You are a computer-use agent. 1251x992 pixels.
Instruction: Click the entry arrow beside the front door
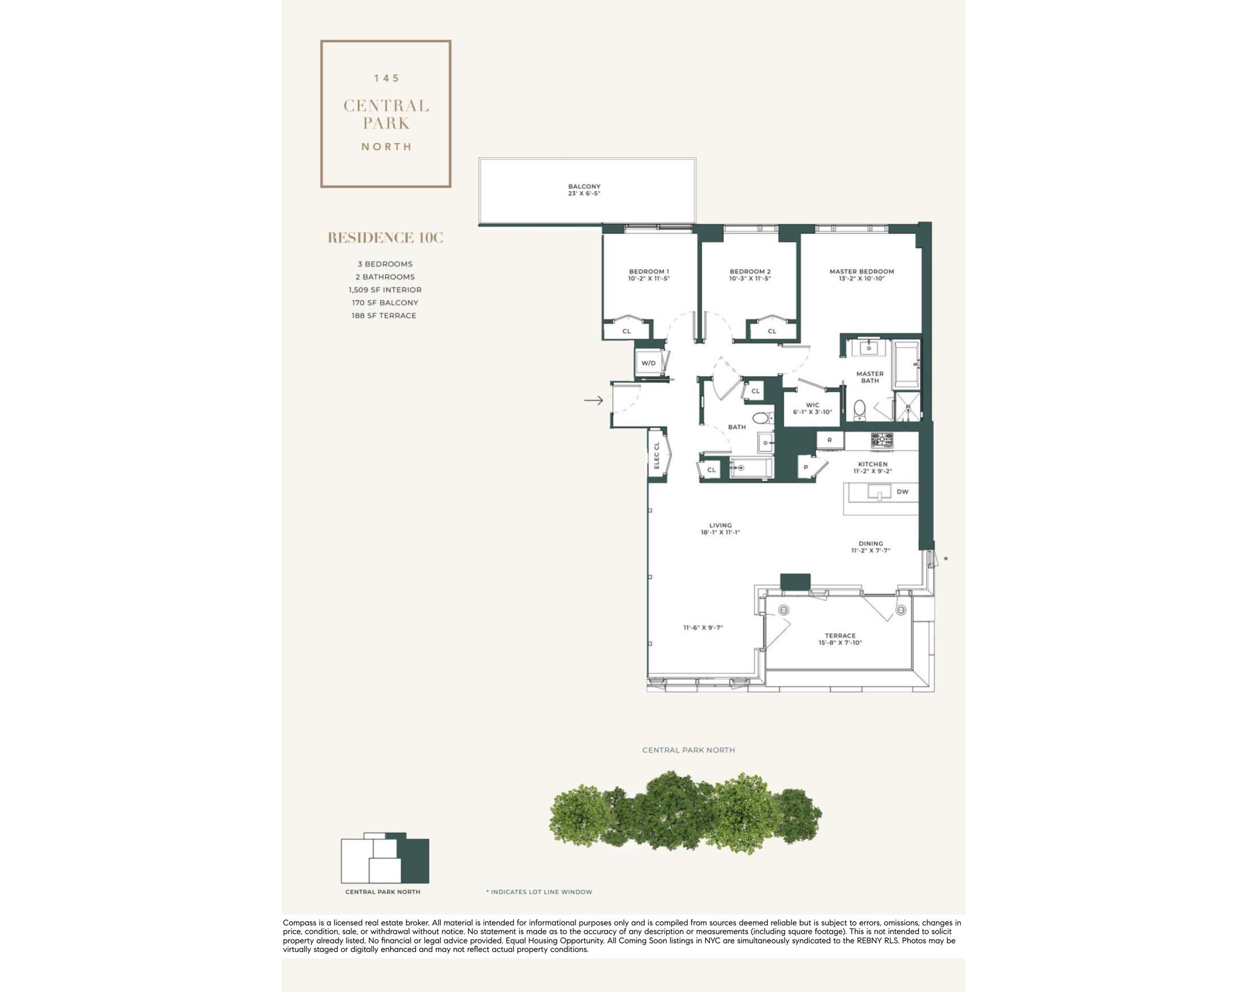coord(593,401)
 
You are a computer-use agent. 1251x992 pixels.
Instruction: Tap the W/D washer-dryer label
coord(648,363)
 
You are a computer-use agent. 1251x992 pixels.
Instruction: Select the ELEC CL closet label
coord(657,456)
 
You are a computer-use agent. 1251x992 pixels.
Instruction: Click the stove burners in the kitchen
coord(882,440)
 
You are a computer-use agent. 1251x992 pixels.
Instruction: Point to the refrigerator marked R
coord(830,440)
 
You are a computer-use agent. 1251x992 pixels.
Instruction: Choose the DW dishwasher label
coord(902,492)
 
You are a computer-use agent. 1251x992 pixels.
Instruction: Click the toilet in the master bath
coord(859,409)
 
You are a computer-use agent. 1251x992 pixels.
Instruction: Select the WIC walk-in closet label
coord(812,405)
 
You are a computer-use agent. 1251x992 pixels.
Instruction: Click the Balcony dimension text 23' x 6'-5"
coord(584,193)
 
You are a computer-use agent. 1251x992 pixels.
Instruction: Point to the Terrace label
coord(840,636)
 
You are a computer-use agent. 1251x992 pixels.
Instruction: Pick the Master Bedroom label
coord(862,271)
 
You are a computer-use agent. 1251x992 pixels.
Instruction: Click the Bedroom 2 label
coord(750,271)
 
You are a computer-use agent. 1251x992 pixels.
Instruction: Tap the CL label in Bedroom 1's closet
coord(627,331)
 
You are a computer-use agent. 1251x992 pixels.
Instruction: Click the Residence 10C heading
coord(385,238)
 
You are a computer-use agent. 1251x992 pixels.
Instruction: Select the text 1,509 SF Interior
coord(385,290)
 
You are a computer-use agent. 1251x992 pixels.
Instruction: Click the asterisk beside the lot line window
coord(946,559)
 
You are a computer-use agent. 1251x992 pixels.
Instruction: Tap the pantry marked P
coord(806,467)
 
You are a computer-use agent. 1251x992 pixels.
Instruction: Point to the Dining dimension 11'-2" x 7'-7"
coord(871,551)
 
